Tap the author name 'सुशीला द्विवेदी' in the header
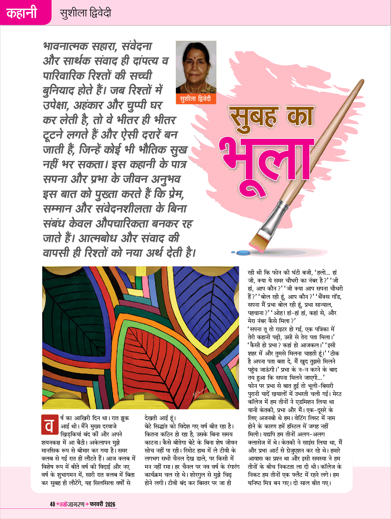pos(85,13)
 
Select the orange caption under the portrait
pos(196,99)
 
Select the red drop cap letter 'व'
pos(49,426)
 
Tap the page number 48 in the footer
pos(53,504)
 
